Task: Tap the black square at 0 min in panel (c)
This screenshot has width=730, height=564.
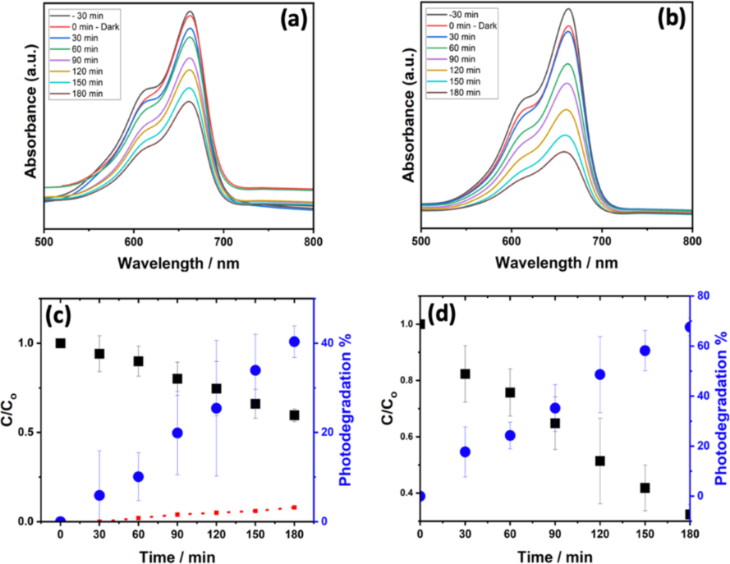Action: coord(61,343)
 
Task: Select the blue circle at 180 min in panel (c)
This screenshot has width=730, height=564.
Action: coord(294,342)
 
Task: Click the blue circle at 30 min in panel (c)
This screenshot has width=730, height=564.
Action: coord(99,495)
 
